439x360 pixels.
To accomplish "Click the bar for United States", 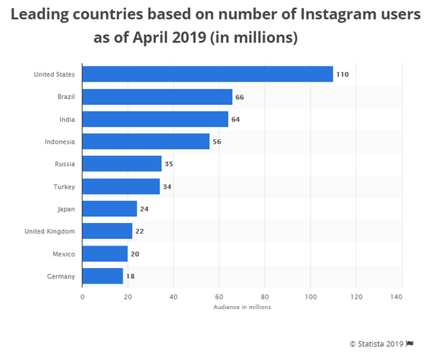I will click(x=208, y=74).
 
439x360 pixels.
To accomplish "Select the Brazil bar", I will click(x=158, y=97).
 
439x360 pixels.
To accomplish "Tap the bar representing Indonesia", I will click(x=146, y=141).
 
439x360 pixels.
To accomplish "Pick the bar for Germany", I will click(x=103, y=275).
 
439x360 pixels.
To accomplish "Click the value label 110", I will click(x=342, y=74).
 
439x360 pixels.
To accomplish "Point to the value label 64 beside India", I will click(x=236, y=120).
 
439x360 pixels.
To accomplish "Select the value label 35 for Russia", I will click(x=168, y=164).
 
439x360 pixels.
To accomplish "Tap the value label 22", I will click(x=139, y=231).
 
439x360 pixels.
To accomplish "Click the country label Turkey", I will click(x=64, y=187).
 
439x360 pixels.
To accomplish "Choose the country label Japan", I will click(x=66, y=209).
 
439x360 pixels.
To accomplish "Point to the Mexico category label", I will click(x=64, y=254).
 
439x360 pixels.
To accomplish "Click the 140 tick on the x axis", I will click(x=397, y=297).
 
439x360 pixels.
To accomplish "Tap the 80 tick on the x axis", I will click(x=265, y=297).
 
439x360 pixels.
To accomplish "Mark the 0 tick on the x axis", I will click(x=82, y=297).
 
